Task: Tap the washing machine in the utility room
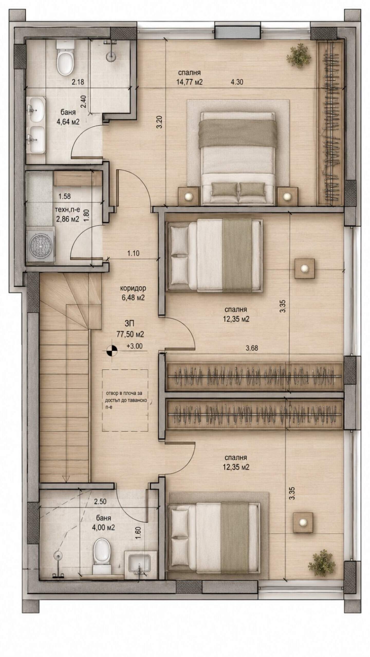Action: (41, 245)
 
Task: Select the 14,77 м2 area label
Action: (189, 82)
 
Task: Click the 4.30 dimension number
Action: (237, 82)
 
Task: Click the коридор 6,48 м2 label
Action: (133, 293)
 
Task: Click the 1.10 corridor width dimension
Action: (133, 253)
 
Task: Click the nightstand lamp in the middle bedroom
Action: (305, 268)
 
